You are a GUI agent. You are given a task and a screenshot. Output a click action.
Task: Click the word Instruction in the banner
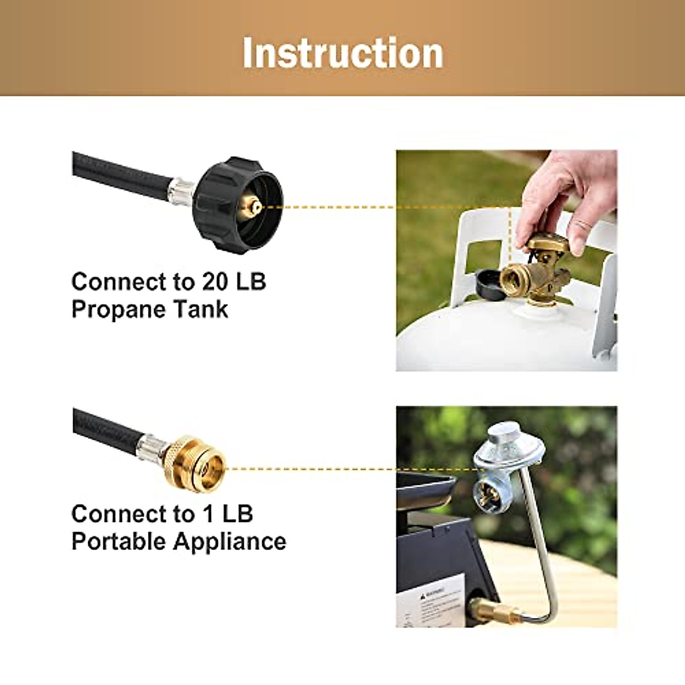[342, 53]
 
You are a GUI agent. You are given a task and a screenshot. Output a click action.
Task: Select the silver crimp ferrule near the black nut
[182, 190]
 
